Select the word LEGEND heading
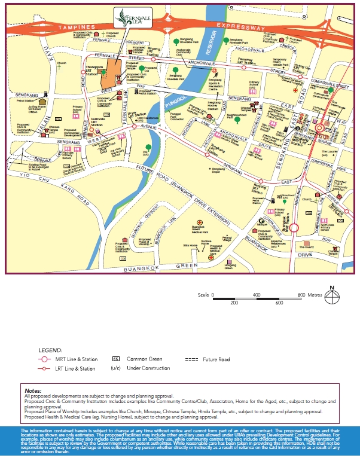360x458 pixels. (x=50, y=350)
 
